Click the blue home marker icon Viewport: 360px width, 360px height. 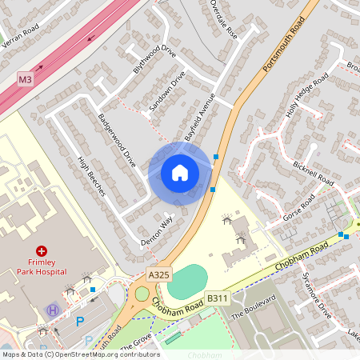(180, 173)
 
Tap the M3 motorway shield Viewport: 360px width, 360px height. (25, 80)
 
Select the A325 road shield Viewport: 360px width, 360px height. (159, 274)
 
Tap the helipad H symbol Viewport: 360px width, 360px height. (54, 310)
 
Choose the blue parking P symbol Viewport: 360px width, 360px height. (78, 321)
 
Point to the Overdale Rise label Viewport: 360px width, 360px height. (224, 19)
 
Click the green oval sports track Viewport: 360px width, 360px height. (187, 282)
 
